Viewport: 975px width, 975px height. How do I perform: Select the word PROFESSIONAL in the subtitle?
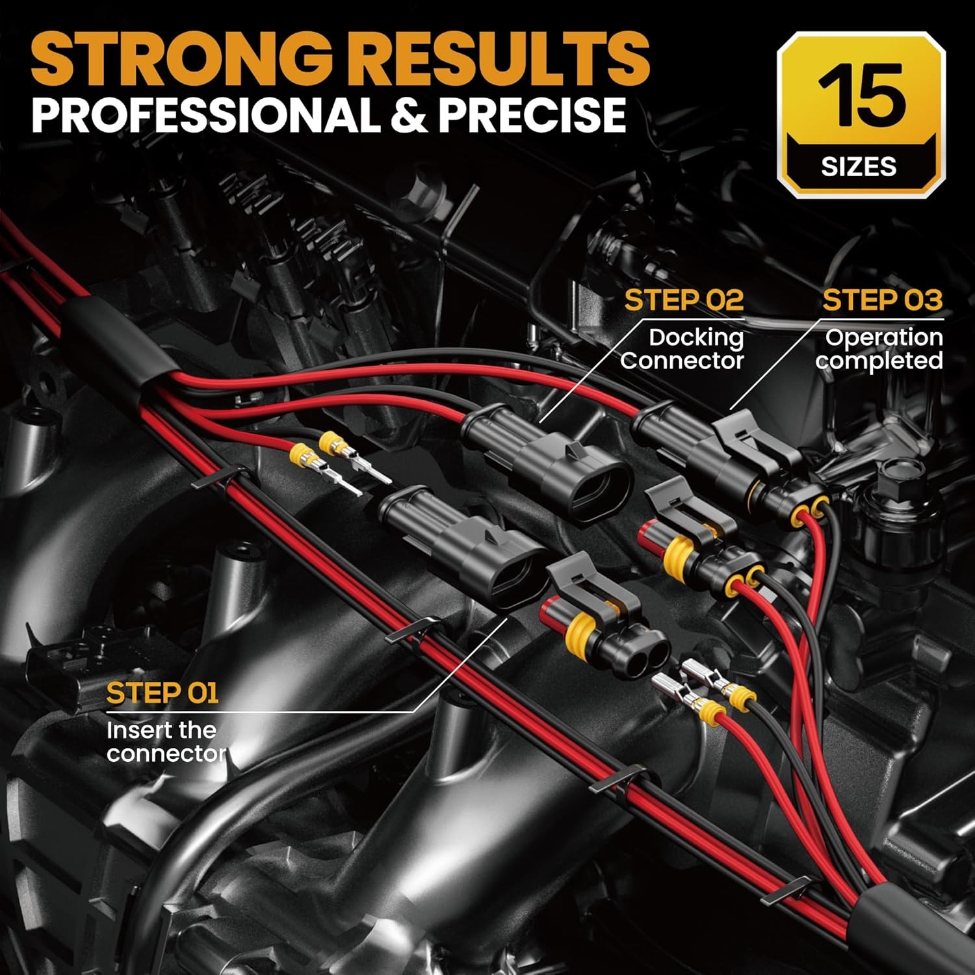(x=201, y=115)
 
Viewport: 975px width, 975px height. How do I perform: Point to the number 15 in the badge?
(x=861, y=97)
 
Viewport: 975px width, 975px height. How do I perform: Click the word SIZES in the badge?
(x=859, y=167)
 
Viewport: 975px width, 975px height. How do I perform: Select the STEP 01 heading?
(x=162, y=694)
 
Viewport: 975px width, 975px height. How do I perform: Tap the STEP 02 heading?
(x=683, y=300)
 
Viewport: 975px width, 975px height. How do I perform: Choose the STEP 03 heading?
(x=882, y=300)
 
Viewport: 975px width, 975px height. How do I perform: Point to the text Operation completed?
(x=881, y=348)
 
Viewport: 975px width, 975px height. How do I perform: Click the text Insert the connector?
(x=165, y=742)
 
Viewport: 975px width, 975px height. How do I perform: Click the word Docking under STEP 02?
(x=696, y=337)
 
